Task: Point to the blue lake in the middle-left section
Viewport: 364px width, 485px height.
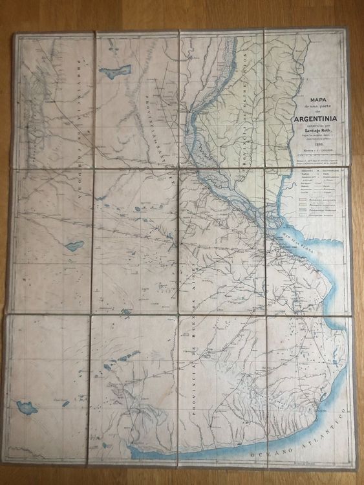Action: pyautogui.click(x=73, y=246)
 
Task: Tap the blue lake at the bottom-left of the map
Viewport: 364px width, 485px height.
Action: pyautogui.click(x=28, y=407)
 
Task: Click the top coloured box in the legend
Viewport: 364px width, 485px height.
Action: pyautogui.click(x=306, y=201)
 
